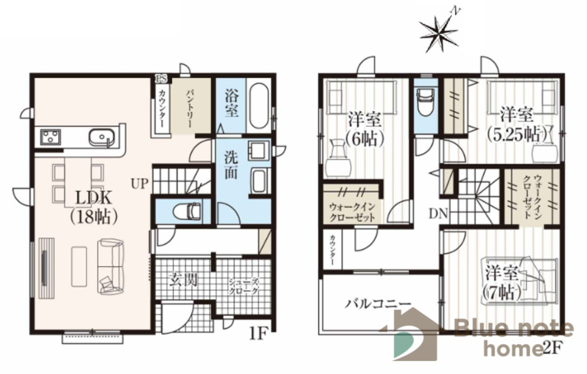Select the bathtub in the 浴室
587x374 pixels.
258,105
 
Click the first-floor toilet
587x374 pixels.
187,212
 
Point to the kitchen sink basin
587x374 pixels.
101,137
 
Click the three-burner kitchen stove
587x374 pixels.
50,137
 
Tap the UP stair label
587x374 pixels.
140,184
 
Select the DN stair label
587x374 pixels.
438,214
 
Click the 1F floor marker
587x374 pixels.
258,334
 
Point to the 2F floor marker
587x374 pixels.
550,348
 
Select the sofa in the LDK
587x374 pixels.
111,266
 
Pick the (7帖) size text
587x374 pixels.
501,292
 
